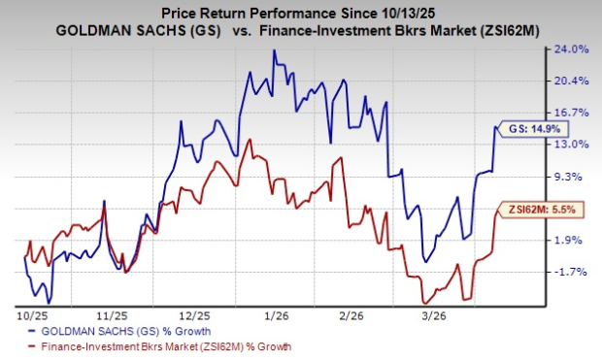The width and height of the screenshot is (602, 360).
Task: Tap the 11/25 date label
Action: click(112, 315)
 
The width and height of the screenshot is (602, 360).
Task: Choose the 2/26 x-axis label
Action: click(363, 315)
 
